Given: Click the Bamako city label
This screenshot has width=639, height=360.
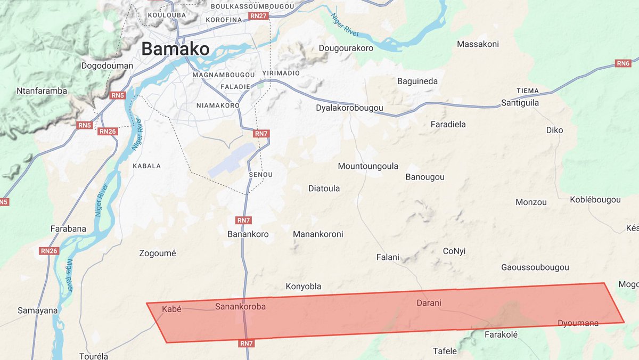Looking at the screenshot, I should (175, 50).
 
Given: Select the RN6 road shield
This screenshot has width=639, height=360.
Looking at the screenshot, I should (623, 63).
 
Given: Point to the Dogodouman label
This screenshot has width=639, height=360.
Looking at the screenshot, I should (107, 66).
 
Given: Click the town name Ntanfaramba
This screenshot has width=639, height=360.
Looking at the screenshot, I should (42, 91).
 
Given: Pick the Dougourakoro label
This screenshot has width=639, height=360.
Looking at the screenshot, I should (346, 48).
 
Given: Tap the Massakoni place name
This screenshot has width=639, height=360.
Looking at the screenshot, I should (478, 44).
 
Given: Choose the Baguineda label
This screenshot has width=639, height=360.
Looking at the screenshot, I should (417, 81).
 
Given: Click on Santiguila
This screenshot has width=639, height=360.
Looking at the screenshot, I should (520, 103).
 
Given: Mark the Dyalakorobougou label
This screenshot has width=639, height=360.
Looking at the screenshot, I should (349, 108).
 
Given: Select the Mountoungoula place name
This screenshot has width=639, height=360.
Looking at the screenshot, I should (368, 167).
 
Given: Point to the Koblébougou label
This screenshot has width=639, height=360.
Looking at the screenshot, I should (595, 200).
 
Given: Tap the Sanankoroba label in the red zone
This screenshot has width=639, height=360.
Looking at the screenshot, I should (240, 307).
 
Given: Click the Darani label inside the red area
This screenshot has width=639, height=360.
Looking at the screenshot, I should (429, 304).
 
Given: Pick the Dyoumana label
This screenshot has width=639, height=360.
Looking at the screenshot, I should (578, 323).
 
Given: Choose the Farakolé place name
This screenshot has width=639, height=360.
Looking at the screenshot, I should (501, 335).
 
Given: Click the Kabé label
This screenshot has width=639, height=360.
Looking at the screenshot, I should (171, 309).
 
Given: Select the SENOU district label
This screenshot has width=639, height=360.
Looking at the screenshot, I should (260, 175).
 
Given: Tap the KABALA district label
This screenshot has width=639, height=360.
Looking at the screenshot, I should (146, 166).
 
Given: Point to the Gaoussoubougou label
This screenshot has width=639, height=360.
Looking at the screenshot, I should (535, 267).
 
